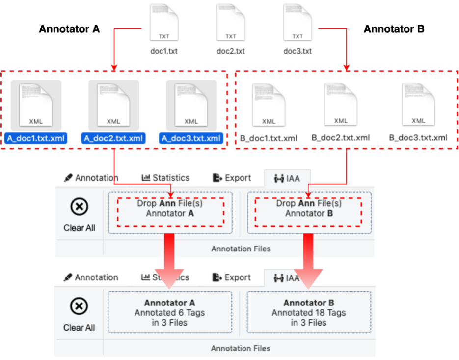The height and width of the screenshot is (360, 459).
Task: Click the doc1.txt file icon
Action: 163,23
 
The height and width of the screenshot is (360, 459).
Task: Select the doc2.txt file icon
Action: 230,23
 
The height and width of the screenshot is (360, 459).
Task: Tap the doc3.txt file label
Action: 297,51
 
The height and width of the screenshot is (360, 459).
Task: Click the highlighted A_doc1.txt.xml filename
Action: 36,138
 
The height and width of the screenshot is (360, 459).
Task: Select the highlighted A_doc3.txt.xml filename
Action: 191,138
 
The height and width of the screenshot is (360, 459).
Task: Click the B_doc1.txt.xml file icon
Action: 269,105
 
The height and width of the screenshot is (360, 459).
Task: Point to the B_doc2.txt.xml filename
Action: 340,138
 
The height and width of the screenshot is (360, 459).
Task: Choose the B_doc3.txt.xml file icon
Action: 418,104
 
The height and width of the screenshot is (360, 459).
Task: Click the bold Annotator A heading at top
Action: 69,29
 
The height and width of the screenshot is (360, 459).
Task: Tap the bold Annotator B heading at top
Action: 394,29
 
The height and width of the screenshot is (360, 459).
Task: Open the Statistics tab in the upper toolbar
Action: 165,178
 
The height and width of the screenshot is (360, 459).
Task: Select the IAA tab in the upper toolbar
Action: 287,178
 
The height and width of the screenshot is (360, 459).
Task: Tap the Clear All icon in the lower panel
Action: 79,307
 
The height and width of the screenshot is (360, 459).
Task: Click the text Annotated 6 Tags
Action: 169,313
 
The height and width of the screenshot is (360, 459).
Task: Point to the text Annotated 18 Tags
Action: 309,313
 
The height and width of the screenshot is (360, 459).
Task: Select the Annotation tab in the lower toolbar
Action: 91,277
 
